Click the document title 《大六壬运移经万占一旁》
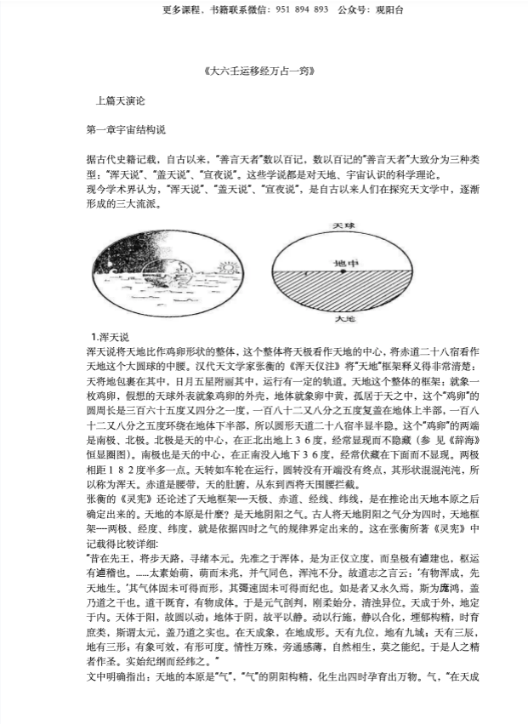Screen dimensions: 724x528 click(264, 71)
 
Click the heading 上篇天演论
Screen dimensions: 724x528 click(123, 100)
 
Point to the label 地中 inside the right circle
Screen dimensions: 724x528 click(341, 262)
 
